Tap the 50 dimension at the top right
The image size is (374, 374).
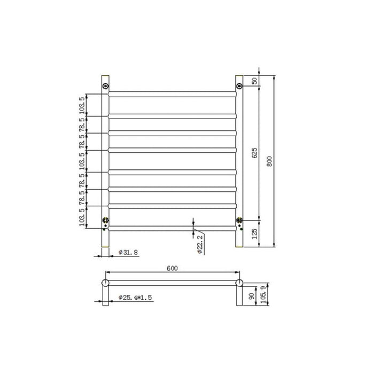tap(254, 81)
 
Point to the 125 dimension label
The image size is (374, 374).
tap(254, 233)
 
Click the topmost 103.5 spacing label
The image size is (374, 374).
tap(82, 105)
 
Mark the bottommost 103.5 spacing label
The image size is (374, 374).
tap(82, 217)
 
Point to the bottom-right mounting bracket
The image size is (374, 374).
tap(239, 220)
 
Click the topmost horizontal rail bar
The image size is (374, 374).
tap(172, 93)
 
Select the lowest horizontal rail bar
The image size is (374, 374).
tap(172, 229)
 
